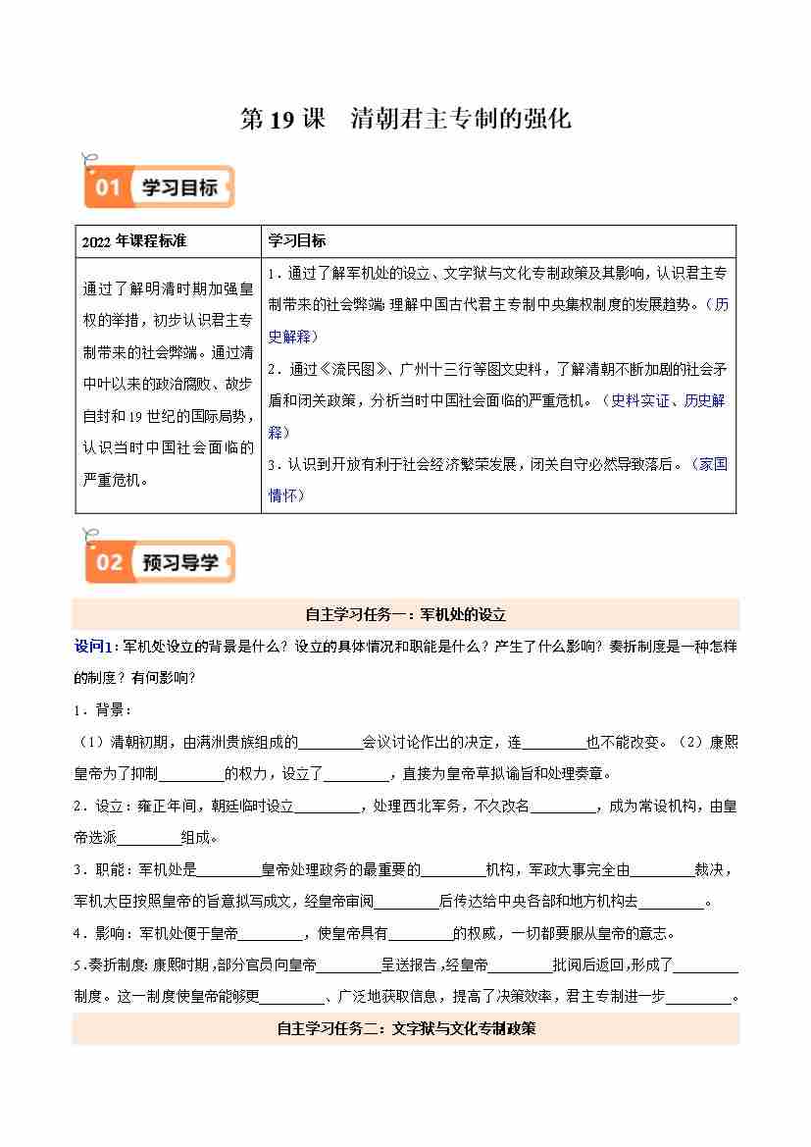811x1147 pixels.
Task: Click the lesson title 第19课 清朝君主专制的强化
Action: click(405, 120)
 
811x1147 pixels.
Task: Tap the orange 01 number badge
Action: click(107, 186)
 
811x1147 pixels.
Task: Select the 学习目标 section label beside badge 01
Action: click(179, 186)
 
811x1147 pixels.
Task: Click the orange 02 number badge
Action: click(108, 562)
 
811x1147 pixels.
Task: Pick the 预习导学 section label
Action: click(180, 562)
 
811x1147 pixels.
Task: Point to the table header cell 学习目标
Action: click(297, 240)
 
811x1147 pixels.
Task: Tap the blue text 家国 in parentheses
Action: click(713, 464)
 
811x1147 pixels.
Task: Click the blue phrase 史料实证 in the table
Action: click(640, 400)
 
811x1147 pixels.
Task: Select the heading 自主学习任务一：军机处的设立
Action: click(405, 615)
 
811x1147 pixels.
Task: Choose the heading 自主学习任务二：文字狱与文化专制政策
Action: click(405, 1029)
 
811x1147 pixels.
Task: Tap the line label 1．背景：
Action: click(103, 708)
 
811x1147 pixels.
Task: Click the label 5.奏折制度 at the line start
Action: click(110, 965)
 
